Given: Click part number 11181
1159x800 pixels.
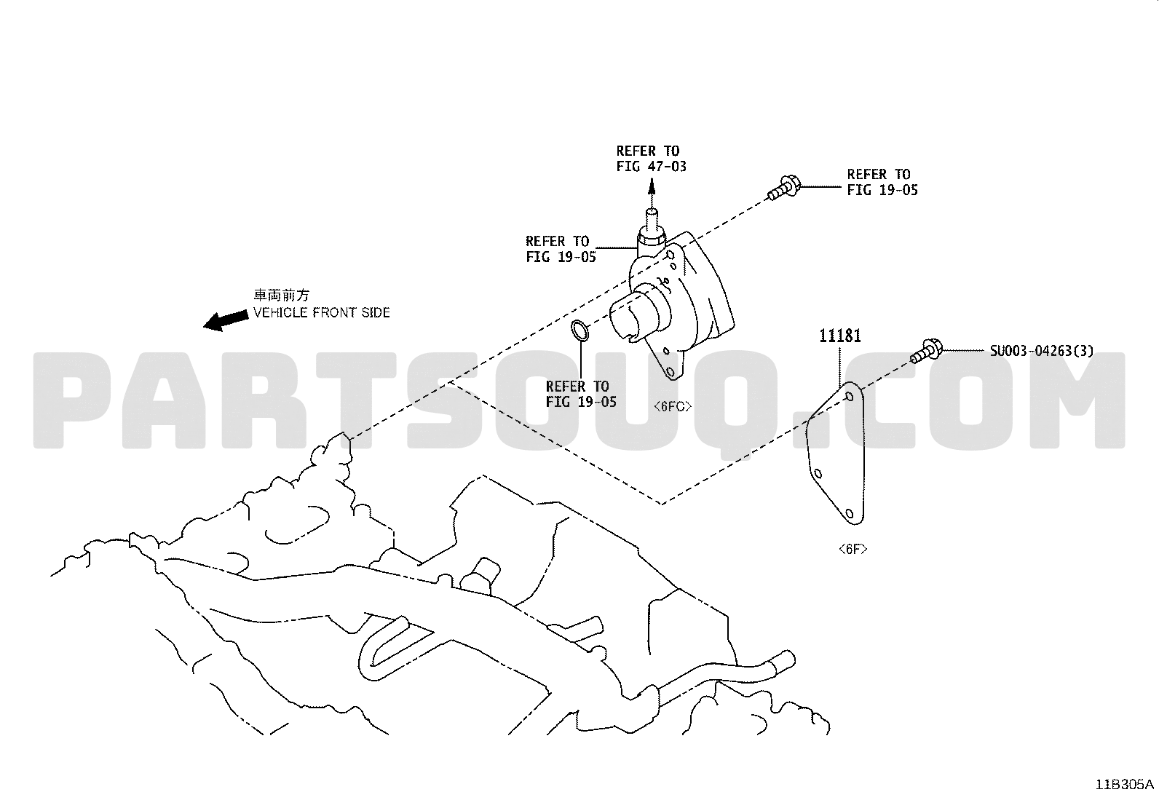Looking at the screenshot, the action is [839, 336].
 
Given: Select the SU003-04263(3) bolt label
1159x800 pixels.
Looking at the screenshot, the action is [1042, 351].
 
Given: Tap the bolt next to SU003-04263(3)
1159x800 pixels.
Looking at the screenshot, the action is [926, 351].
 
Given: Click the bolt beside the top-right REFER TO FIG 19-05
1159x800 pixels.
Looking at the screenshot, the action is [783, 188].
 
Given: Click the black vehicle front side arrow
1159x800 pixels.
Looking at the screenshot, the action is [226, 320].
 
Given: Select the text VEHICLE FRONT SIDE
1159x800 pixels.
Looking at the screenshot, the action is [321, 312].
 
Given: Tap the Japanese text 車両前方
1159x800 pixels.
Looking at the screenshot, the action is [282, 295].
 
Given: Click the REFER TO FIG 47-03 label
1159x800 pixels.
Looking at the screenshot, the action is [651, 159].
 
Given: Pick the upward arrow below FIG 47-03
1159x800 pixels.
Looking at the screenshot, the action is [652, 194].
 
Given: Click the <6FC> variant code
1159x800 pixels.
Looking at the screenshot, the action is [672, 406].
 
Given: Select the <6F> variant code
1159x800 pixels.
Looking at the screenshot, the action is [853, 549].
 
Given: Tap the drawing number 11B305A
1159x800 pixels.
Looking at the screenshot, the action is [1124, 785].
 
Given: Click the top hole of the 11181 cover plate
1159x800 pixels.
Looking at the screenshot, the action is [849, 397].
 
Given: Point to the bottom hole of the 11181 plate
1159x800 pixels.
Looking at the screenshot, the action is [849, 513].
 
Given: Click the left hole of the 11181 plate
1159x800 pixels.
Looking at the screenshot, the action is [818, 474].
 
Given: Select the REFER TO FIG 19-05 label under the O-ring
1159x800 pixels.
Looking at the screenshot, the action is [581, 395].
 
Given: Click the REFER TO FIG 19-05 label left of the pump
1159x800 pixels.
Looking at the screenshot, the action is [561, 249].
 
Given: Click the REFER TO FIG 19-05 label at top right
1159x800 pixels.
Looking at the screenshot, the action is [882, 182].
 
